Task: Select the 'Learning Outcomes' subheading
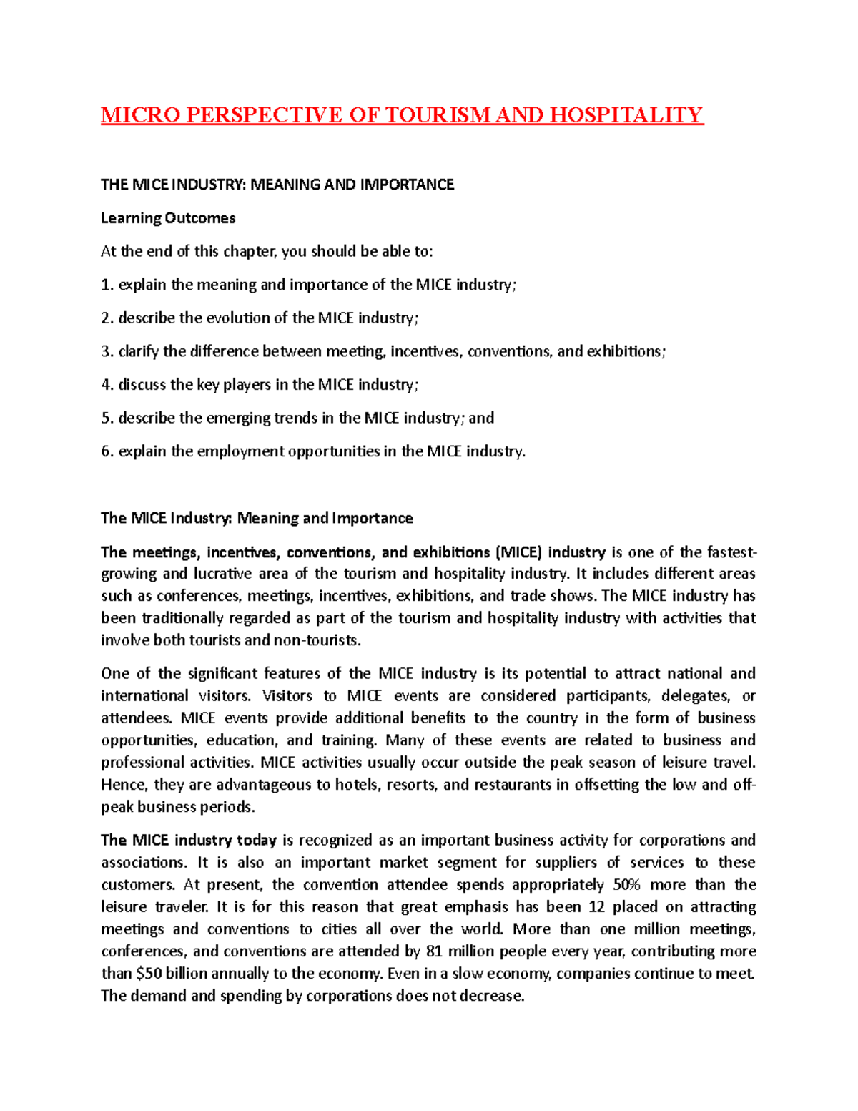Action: [x=168, y=218]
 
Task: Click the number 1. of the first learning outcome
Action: [x=107, y=285]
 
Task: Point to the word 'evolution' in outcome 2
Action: [x=247, y=318]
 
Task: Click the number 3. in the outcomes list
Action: [x=107, y=351]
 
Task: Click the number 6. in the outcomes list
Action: [x=107, y=451]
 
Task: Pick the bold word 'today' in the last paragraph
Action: [x=257, y=840]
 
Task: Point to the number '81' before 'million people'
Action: [x=434, y=951]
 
